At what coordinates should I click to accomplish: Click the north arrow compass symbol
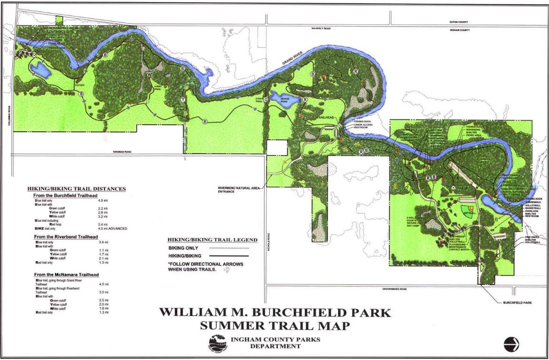pos(511,344)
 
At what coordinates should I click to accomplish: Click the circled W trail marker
pos(149,75)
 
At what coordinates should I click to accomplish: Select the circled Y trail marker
pos(183,100)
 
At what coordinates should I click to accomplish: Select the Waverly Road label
pos(321,29)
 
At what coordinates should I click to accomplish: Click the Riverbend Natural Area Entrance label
pos(239,190)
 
